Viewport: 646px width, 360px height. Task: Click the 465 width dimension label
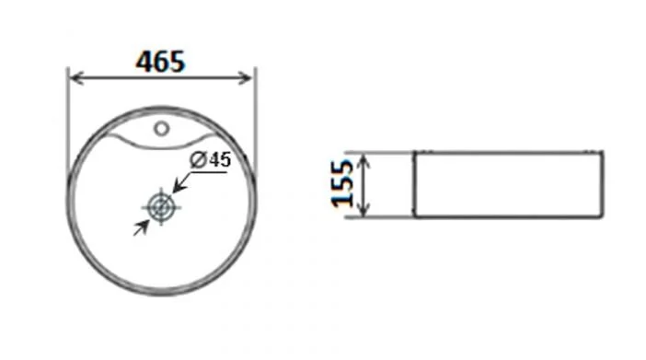(161, 62)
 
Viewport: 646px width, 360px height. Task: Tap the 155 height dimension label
(342, 183)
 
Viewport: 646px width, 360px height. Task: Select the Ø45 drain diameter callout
(210, 160)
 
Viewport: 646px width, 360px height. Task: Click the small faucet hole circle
(162, 129)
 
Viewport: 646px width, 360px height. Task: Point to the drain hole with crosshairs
(161, 207)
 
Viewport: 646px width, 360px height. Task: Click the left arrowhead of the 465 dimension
(76, 77)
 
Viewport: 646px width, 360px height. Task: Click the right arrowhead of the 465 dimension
(245, 77)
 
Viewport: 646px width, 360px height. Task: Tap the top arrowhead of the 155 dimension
(363, 161)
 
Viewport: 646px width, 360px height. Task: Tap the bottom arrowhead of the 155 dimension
(363, 209)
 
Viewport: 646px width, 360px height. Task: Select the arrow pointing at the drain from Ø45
(181, 182)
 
